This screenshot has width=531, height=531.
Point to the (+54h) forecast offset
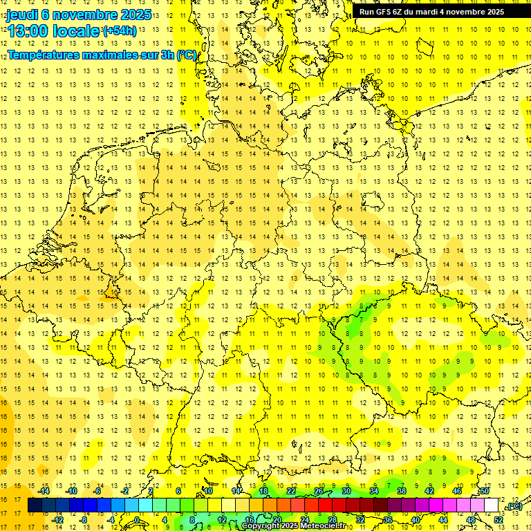tap(120, 30)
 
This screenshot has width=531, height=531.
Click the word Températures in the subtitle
tap(43, 55)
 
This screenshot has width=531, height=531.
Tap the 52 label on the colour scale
tap(499, 520)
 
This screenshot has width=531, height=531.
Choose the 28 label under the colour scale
tap(332, 520)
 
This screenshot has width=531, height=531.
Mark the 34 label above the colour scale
tap(373, 491)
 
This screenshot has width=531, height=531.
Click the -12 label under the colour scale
tap(58, 520)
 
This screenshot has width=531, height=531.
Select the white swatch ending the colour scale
tap(492, 505)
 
